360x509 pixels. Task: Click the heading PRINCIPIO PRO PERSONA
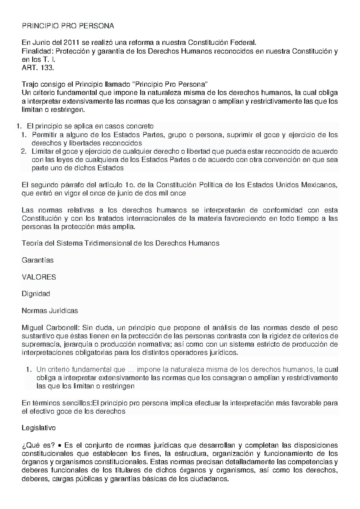click(68, 26)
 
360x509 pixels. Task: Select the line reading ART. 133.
click(38, 68)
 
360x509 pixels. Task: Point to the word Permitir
click(45, 135)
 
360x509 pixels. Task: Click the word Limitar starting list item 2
click(43, 151)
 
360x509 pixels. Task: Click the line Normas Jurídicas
click(50, 311)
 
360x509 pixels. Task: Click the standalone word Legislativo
click(39, 428)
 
